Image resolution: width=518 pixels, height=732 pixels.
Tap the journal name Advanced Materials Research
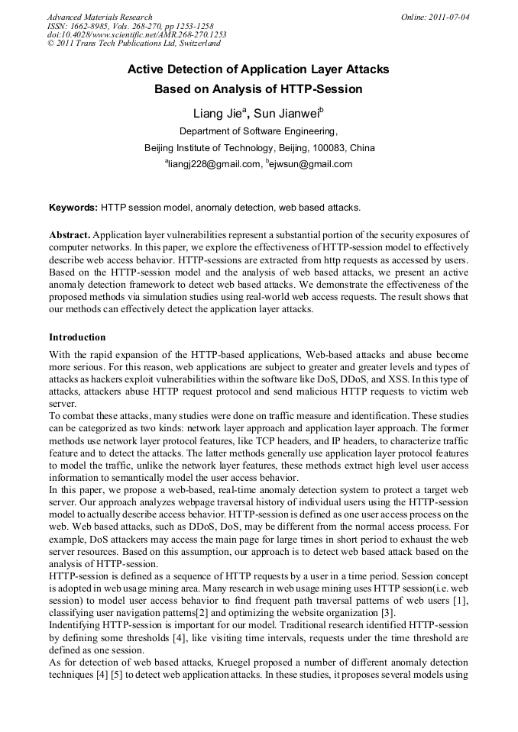[x=99, y=17]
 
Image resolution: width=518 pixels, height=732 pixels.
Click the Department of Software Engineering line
[x=258, y=131]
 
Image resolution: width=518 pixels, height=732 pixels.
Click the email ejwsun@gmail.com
[x=311, y=164]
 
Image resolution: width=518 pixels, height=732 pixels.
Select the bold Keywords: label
[x=73, y=207]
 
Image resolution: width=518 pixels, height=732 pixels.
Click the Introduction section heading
[x=77, y=337]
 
